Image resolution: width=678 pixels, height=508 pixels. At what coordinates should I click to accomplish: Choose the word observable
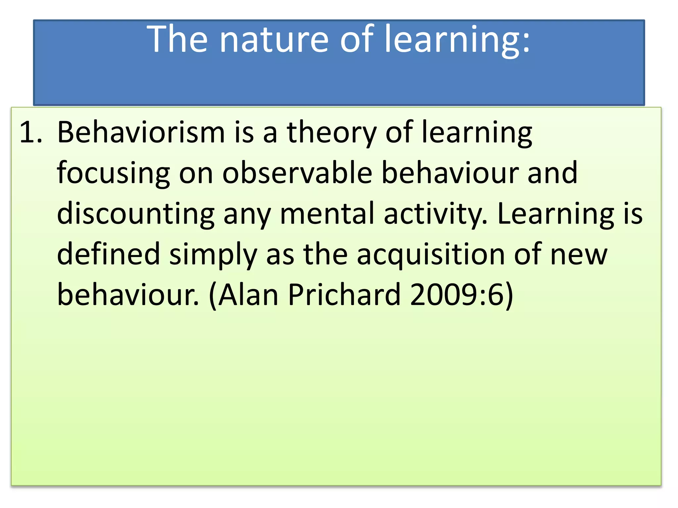tap(297, 173)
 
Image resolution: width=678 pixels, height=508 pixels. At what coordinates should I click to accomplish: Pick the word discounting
tap(136, 214)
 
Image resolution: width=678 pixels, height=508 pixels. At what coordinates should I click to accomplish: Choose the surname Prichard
tap(344, 295)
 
